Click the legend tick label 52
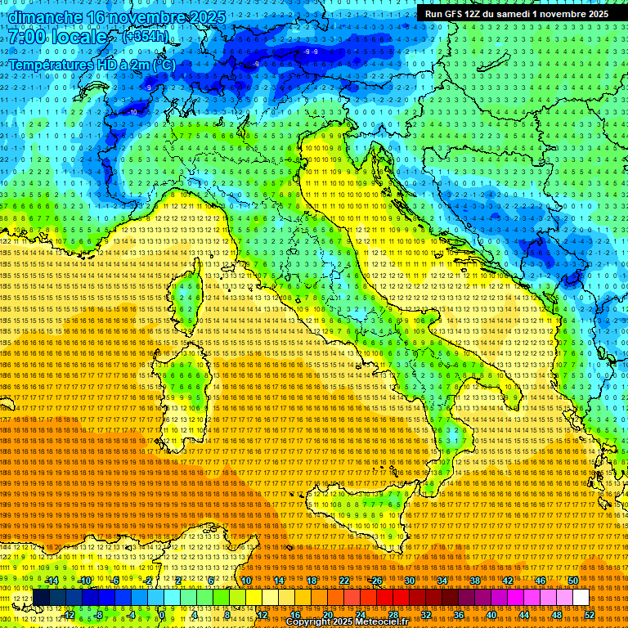[589, 615]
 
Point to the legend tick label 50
[573, 581]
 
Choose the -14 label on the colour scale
[52, 581]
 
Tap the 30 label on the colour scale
[410, 581]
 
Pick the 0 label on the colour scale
[162, 615]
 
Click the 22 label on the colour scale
[344, 581]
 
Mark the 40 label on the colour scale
[491, 615]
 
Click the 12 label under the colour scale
[262, 615]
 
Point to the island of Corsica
[186, 294]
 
